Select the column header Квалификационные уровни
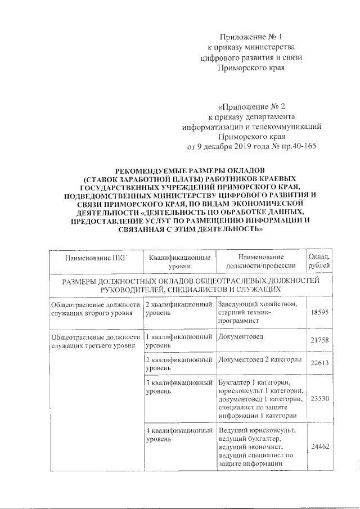[179, 262]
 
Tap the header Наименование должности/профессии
[260, 262]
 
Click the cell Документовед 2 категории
[260, 359]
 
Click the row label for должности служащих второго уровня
[94, 308]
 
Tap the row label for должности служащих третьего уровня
[94, 340]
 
